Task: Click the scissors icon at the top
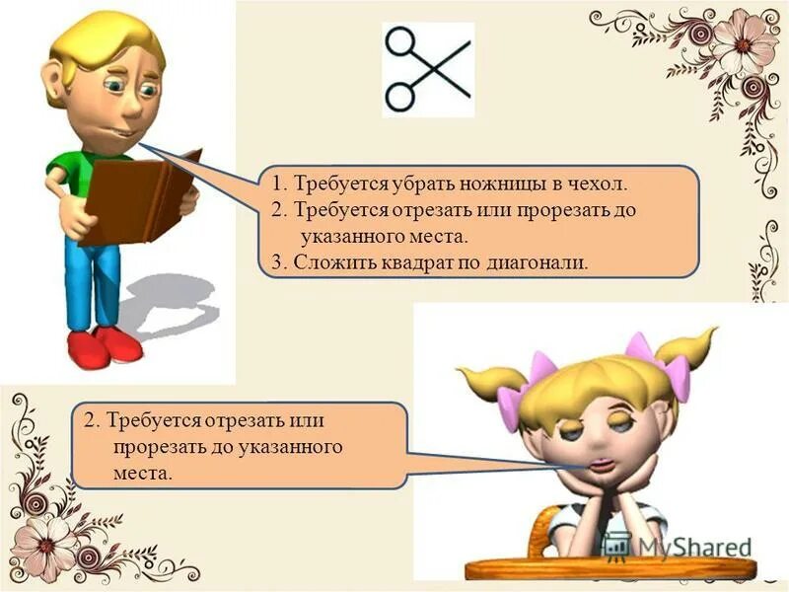427,68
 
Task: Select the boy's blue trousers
94,281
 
